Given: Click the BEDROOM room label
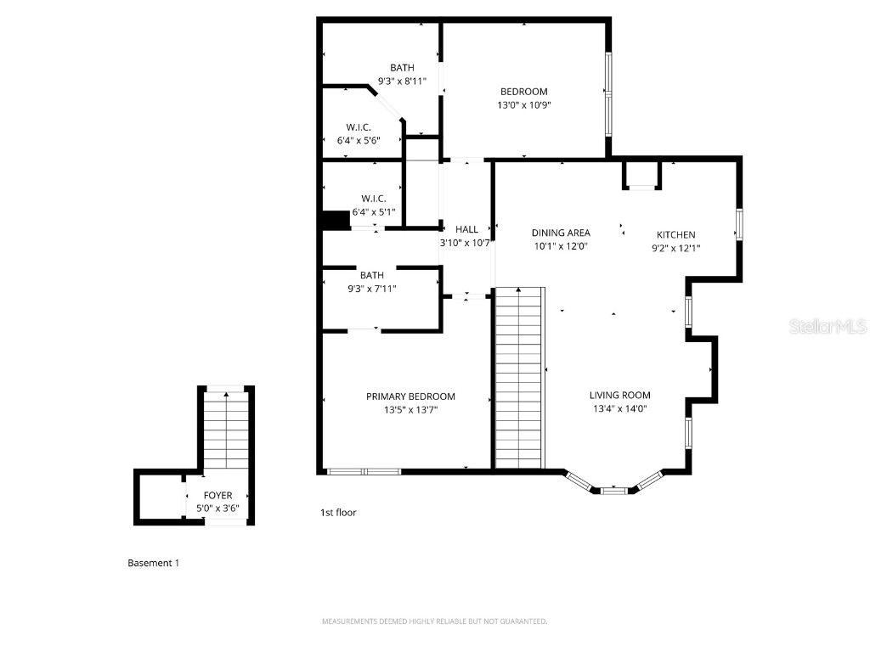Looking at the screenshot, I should click(523, 92).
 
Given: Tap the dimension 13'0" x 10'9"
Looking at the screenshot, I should click(523, 105).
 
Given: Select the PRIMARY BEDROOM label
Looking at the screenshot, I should click(410, 396).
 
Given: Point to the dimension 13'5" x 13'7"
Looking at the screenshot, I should click(410, 410).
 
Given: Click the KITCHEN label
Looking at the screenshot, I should click(675, 234).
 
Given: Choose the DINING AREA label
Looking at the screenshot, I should click(561, 233).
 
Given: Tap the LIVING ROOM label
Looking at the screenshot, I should click(620, 395).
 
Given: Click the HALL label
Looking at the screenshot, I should click(466, 229).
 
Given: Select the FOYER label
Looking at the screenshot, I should click(217, 495).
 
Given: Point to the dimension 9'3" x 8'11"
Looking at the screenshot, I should click(402, 81).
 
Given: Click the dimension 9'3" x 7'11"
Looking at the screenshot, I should click(371, 289).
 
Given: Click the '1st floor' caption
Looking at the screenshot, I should click(337, 513).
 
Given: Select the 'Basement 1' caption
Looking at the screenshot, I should click(153, 563).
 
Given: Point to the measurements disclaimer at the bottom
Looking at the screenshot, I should click(434, 621).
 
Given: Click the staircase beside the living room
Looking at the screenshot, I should click(518, 377).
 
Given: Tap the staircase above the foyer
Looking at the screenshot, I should click(225, 429).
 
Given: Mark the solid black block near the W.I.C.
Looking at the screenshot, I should click(336, 220).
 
